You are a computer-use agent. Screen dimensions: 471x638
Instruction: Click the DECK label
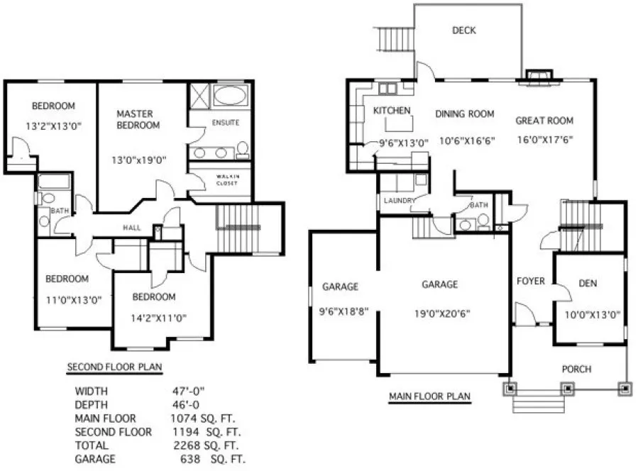[463, 31]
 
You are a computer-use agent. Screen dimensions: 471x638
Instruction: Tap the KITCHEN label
[392, 111]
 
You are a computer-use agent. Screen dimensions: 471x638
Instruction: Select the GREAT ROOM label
[544, 121]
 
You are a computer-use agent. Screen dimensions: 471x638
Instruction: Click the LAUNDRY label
[399, 201]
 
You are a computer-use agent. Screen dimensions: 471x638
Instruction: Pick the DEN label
[588, 284]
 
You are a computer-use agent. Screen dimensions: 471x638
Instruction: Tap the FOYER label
[530, 281]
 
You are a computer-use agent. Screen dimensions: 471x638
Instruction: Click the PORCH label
[576, 369]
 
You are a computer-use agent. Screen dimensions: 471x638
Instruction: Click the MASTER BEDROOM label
[138, 119]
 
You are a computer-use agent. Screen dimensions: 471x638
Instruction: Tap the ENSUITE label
[226, 123]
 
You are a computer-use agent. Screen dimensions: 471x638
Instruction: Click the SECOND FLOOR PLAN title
[114, 367]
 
